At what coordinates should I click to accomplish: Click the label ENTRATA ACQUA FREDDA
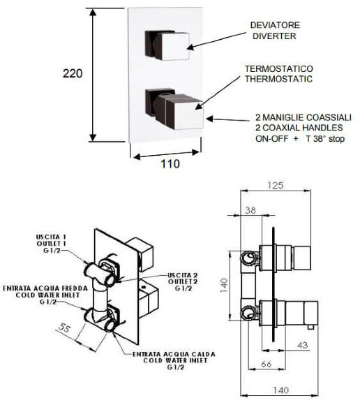[x=36, y=287]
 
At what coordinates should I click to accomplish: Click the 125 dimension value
[x=278, y=186]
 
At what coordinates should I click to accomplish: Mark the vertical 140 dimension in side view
[x=225, y=285]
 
